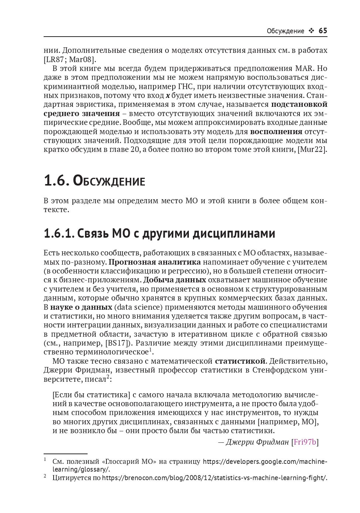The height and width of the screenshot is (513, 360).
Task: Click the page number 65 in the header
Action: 323,31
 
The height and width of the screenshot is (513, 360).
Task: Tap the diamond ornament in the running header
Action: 311,31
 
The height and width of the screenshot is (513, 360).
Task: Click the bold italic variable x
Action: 168,95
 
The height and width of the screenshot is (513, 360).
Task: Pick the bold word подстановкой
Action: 299,104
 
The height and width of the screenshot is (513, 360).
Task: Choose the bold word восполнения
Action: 276,131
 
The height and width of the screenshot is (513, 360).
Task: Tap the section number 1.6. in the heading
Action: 57,181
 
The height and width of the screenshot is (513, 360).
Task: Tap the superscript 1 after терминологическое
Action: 150,349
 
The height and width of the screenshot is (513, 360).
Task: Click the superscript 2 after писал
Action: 108,377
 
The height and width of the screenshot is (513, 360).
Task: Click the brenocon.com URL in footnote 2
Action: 214,478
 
